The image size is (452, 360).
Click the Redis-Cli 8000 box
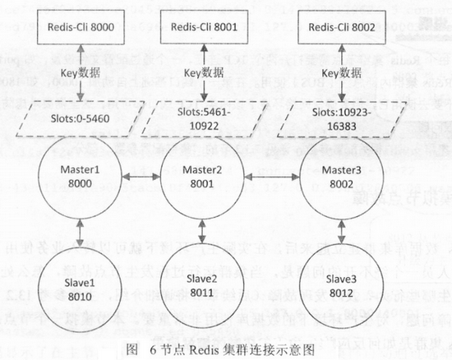pos(79,26)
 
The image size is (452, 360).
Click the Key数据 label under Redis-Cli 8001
pos(202,73)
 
